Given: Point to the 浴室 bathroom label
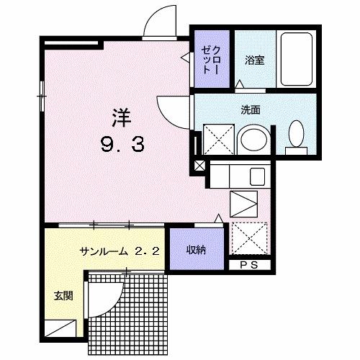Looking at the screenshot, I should (x=253, y=61).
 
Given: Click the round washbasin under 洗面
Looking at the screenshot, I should (x=252, y=138).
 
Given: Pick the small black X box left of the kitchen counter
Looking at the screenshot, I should (x=199, y=166).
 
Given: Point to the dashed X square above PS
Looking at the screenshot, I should (x=249, y=239).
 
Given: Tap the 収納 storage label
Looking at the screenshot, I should (x=196, y=251).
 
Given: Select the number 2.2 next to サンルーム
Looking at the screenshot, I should (x=150, y=251).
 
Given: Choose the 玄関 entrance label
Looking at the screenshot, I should (x=60, y=296).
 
